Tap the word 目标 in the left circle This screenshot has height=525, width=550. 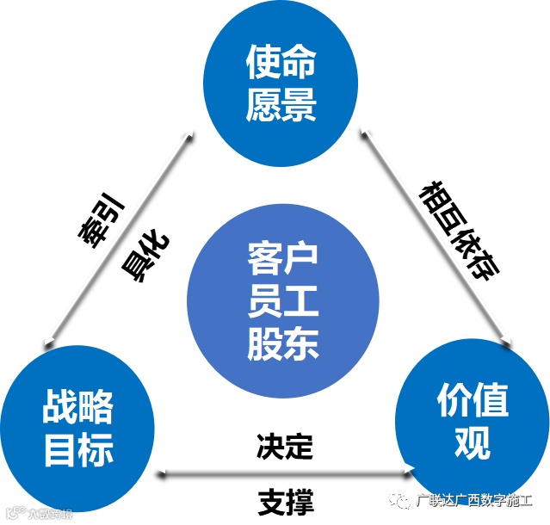[78, 450]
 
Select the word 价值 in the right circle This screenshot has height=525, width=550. [473, 399]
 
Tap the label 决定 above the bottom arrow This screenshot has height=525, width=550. [285, 446]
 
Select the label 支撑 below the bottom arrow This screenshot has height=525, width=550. [285, 500]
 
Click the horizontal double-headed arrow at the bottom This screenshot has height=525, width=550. [285, 472]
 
